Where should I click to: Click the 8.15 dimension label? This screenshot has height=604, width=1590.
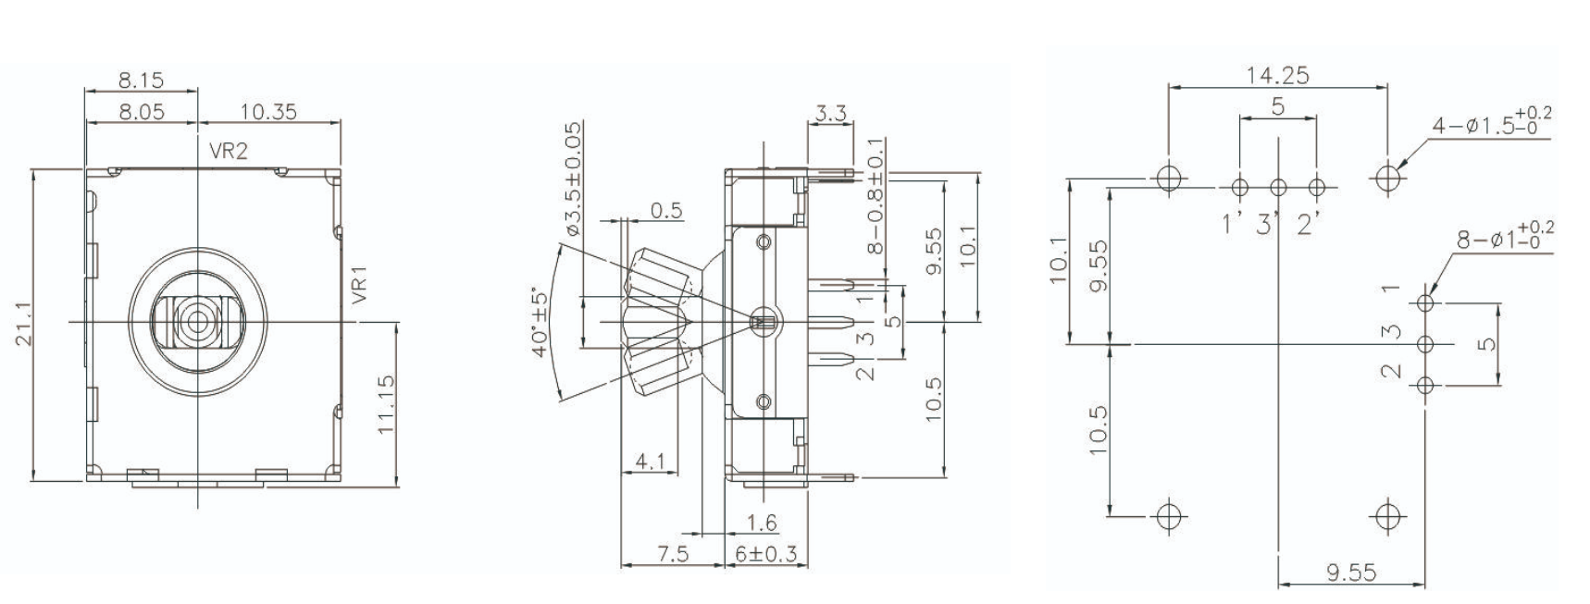141,80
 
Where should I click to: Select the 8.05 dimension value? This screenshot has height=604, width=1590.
141,112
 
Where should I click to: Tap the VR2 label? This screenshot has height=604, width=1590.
228,151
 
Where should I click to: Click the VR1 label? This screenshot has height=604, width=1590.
360,285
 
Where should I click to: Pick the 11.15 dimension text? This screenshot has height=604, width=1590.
386,403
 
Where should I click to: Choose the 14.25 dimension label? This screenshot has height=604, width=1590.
1277,76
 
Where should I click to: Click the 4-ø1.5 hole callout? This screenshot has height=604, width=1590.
1490,123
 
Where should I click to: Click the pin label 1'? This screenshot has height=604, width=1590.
1231,224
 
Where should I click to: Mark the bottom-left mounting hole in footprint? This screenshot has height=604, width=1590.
1170,514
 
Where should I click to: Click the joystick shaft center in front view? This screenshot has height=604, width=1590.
197,321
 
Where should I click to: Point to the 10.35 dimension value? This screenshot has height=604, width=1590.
268,112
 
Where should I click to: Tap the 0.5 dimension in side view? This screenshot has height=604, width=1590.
666,210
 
